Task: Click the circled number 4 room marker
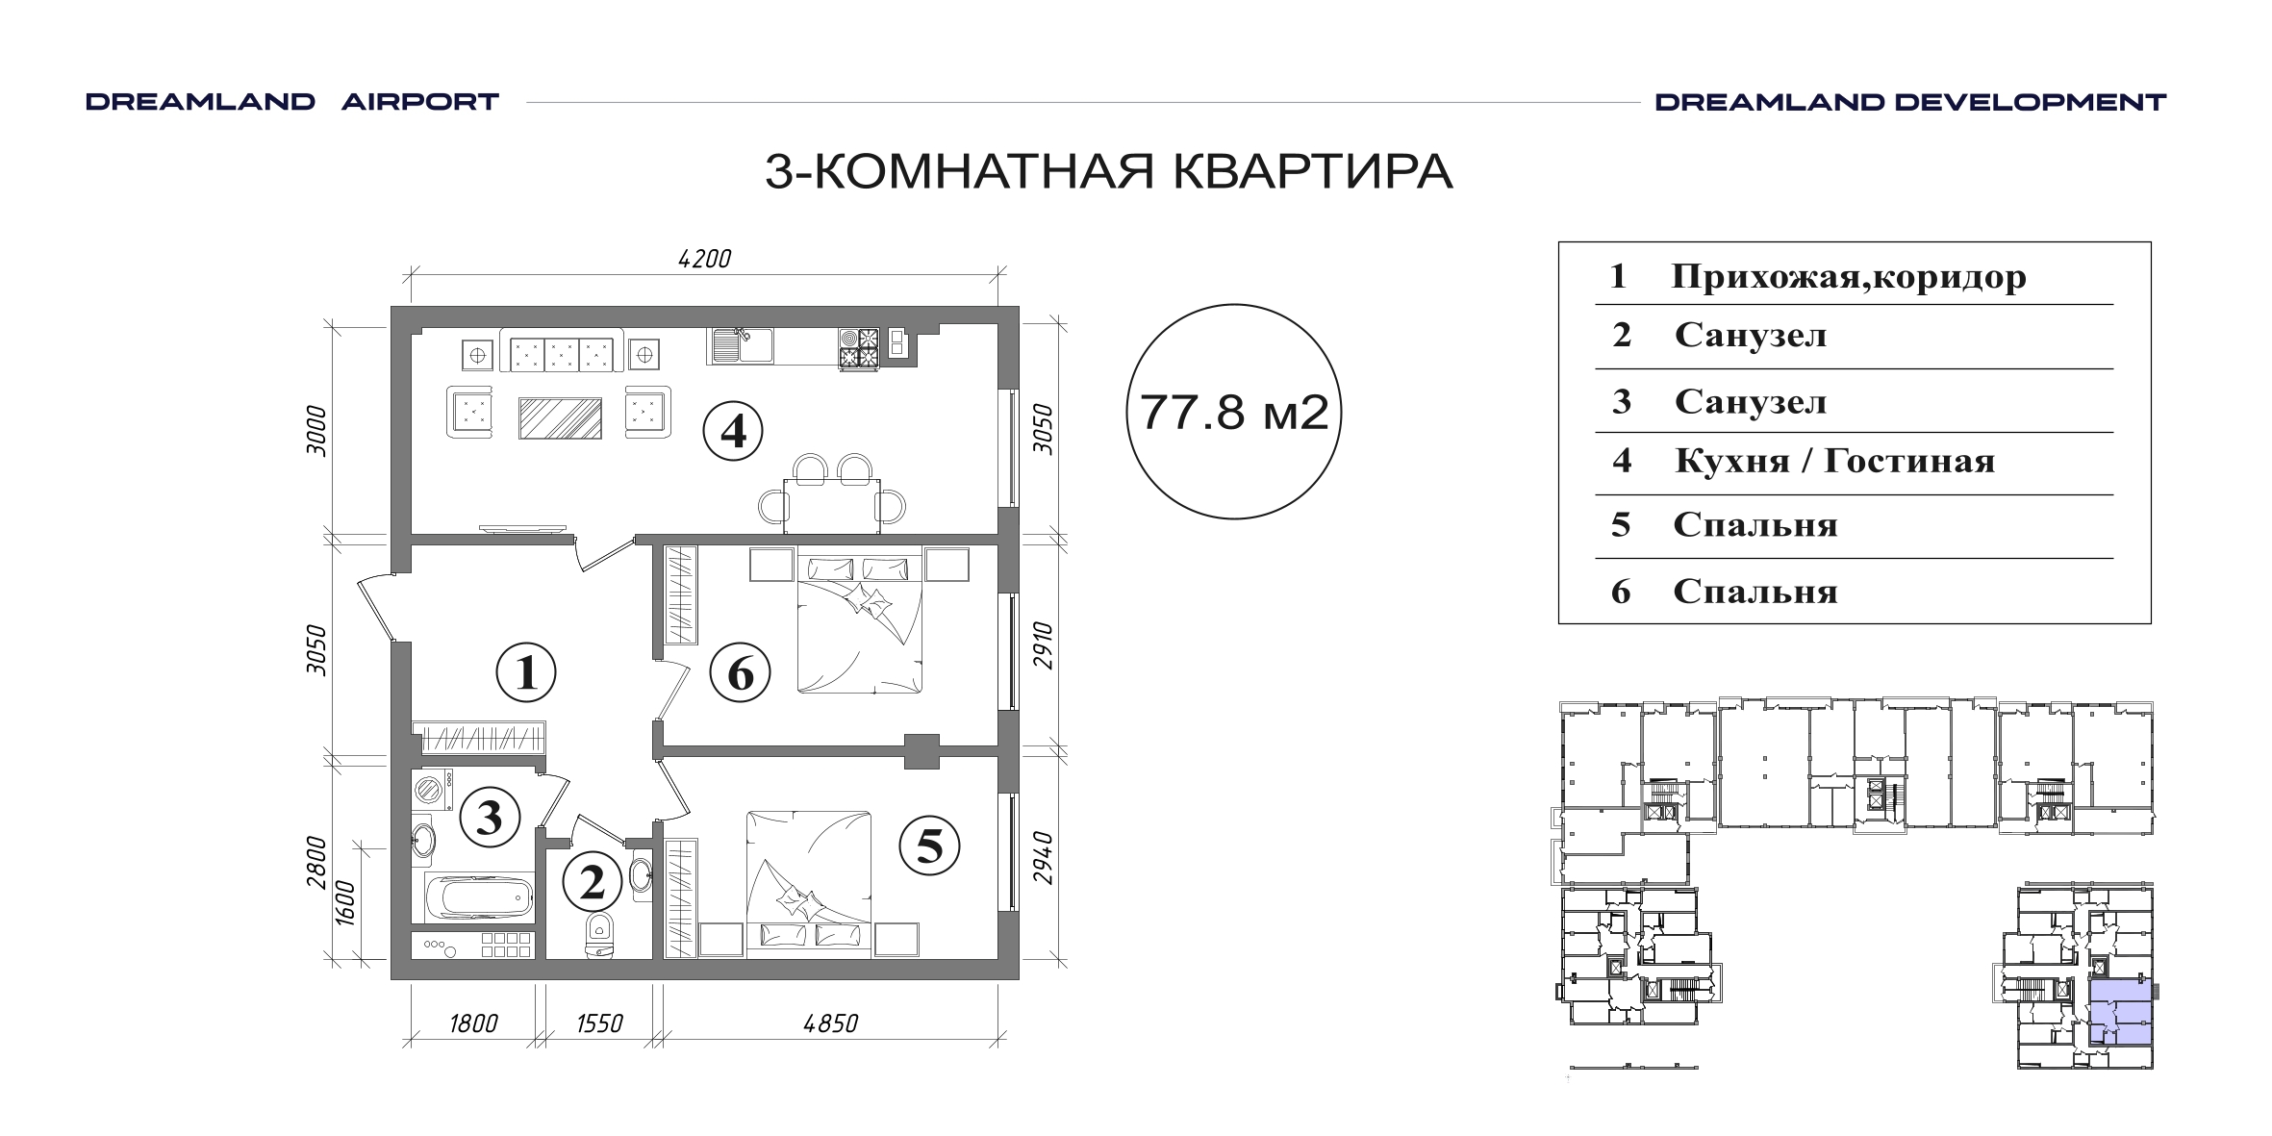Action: point(733,432)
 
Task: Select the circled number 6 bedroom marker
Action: point(740,673)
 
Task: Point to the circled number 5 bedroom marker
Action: point(929,846)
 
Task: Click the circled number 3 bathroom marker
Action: point(490,818)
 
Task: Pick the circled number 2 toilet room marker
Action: point(593,882)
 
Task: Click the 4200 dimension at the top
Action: point(705,259)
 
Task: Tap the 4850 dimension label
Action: point(830,1023)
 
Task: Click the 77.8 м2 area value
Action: point(1234,413)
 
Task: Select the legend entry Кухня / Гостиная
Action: point(1834,462)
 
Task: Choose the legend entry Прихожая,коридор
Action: point(1849,277)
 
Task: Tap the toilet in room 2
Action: point(600,935)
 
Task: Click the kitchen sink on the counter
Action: point(740,345)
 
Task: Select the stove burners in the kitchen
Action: point(860,348)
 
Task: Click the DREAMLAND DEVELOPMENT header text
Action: point(1910,102)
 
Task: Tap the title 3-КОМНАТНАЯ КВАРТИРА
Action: point(1108,173)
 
